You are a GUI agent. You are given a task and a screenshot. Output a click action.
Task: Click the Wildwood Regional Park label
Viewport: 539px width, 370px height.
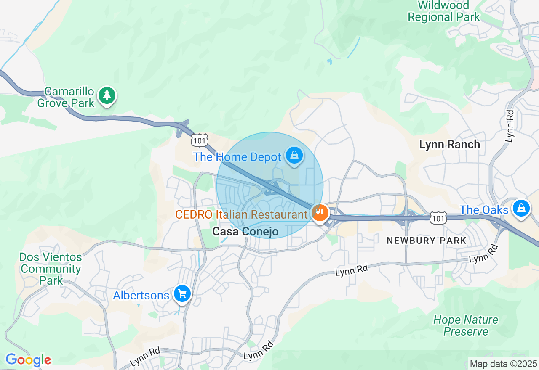click(444, 11)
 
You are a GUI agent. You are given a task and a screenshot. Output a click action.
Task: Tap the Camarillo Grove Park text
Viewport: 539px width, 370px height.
click(66, 97)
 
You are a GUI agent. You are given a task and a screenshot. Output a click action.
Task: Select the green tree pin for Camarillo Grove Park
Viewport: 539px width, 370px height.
click(107, 95)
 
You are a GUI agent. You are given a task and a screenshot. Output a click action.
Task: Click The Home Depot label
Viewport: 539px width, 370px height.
click(237, 157)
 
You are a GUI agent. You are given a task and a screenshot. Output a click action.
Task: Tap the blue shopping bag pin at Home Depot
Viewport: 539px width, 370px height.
click(294, 156)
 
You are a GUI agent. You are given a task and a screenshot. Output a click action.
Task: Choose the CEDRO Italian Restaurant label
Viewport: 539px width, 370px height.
click(241, 214)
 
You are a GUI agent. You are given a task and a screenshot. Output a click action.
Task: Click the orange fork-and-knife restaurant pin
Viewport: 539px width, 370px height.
click(320, 213)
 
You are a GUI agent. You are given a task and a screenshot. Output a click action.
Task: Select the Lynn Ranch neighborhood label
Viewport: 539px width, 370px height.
click(449, 145)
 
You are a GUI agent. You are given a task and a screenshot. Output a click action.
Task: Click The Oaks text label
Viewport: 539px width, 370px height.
click(484, 210)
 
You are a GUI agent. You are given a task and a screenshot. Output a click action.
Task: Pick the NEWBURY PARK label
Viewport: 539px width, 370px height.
click(427, 240)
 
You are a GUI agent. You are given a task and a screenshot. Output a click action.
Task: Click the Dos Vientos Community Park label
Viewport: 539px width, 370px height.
click(51, 269)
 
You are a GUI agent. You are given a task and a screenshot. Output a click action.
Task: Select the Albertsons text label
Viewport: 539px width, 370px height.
click(141, 295)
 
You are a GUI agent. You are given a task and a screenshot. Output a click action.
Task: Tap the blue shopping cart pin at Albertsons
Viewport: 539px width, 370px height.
click(182, 293)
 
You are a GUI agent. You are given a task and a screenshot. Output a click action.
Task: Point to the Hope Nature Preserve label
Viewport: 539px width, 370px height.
click(466, 325)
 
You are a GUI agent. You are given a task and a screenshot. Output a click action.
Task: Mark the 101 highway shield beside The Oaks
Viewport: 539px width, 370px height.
click(438, 218)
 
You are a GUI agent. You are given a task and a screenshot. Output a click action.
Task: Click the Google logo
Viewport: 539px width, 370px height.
click(28, 360)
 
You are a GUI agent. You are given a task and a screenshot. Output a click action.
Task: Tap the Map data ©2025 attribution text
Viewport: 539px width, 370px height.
click(503, 364)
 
